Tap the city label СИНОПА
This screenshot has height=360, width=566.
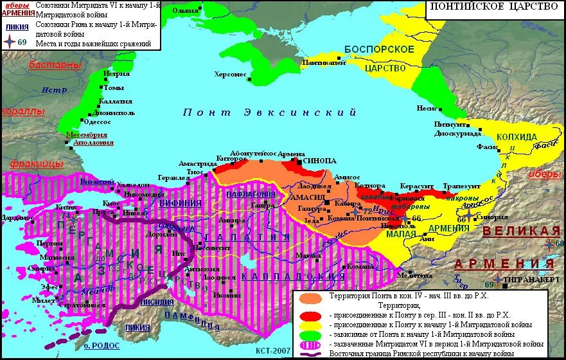[x=319, y=161]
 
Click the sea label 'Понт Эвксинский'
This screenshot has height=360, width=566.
[x=269, y=113]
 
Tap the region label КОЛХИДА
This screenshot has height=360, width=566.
[x=516, y=137]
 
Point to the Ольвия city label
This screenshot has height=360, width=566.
[x=186, y=11]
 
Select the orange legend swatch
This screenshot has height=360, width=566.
[x=310, y=298]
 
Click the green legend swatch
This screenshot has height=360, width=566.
[x=310, y=335]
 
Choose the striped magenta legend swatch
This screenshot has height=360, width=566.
[x=310, y=345]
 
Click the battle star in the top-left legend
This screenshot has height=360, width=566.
[x=9, y=42]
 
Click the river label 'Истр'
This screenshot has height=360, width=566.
[x=54, y=90]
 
